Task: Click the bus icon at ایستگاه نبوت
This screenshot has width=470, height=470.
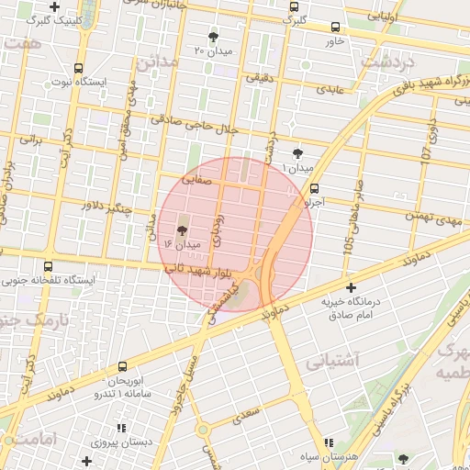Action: (x=78, y=68)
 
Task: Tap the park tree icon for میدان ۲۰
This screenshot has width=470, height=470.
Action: (x=213, y=38)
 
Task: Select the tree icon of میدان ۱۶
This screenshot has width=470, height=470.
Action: (x=179, y=231)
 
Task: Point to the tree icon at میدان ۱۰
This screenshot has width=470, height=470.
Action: (x=297, y=153)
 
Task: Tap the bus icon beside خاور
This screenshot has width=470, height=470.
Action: (x=333, y=28)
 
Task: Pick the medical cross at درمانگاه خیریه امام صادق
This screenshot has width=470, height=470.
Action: (x=348, y=288)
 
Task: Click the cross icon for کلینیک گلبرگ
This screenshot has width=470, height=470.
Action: (x=55, y=6)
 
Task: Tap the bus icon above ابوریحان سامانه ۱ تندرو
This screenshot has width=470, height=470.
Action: (x=123, y=366)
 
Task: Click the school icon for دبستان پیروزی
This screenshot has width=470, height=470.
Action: (x=120, y=428)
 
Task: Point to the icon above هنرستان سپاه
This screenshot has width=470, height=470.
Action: (x=329, y=443)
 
